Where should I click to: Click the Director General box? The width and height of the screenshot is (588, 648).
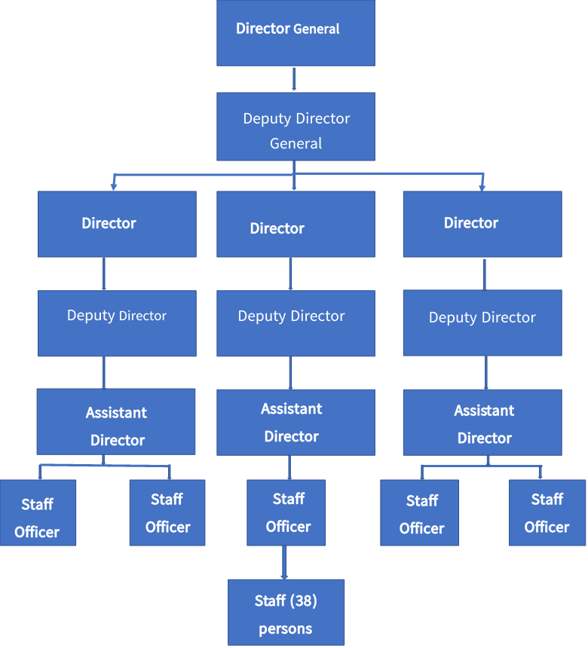tap(296, 32)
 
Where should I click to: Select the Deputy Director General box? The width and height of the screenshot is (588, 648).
tap(296, 127)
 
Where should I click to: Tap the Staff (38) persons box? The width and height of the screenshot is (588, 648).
tap(286, 612)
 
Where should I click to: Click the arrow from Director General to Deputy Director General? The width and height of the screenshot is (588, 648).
tap(294, 79)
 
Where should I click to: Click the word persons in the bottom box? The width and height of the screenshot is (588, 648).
tap(286, 628)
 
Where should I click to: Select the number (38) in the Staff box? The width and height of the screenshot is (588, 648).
tap(303, 601)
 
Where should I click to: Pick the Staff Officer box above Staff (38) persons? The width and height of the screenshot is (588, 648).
tap(286, 512)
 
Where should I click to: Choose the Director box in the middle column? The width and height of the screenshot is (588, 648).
tap(296, 225)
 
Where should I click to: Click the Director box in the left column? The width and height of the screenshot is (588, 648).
tap(117, 224)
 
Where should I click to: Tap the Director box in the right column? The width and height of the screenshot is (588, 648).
tap(482, 224)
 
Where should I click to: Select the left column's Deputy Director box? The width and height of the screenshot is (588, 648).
tap(117, 323)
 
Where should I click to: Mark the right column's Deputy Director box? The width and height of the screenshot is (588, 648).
tap(482, 322)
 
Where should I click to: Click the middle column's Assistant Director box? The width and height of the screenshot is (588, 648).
tap(296, 422)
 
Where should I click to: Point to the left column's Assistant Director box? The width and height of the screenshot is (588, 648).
tap(116, 422)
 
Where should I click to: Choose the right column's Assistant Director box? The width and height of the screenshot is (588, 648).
tap(482, 422)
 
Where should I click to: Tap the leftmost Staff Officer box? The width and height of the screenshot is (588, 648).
tap(38, 512)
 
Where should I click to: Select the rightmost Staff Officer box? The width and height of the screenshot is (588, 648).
tap(547, 512)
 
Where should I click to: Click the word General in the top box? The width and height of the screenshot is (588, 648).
tap(317, 29)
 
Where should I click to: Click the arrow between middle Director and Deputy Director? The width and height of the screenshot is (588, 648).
tap(290, 274)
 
